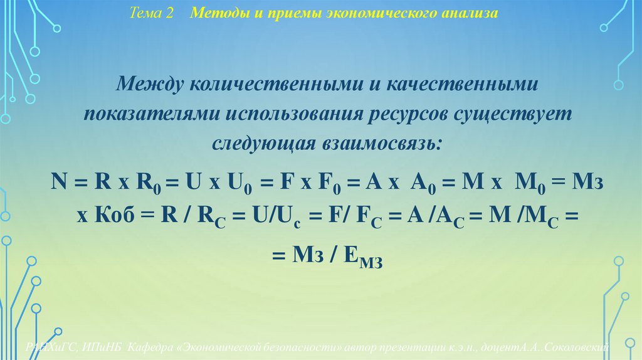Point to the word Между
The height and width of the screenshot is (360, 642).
click(152, 84)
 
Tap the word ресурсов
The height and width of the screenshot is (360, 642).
click(413, 114)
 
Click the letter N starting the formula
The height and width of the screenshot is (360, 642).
click(60, 183)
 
